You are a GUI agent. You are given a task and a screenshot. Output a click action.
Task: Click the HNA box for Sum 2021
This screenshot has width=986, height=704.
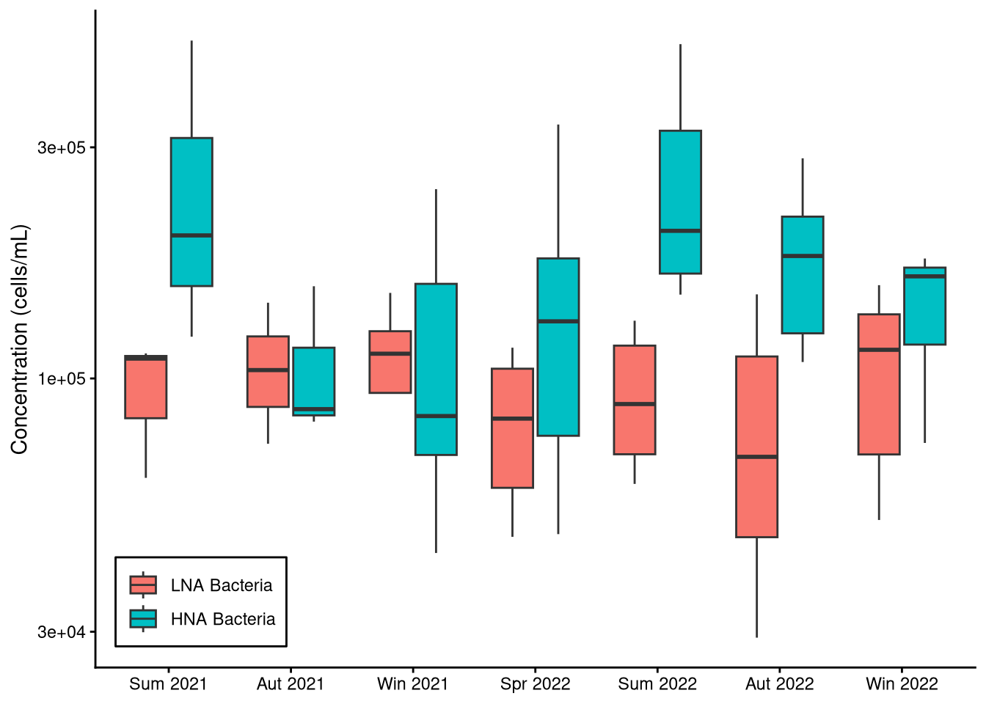coord(191,211)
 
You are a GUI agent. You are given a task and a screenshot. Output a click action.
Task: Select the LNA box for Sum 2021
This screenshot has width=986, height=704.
coord(146,387)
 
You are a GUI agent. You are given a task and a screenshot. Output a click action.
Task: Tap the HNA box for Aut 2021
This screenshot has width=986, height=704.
coord(314,381)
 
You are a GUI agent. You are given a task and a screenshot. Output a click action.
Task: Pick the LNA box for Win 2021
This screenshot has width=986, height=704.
coord(390,362)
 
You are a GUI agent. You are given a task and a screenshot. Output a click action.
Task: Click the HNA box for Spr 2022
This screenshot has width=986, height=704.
coord(558,347)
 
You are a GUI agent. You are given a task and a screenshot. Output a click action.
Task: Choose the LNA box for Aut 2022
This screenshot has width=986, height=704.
coord(756,447)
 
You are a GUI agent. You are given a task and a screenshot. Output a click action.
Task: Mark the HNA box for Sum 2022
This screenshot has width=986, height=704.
coord(680,202)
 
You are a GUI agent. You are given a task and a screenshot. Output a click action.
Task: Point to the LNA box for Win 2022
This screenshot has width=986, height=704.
coord(879,384)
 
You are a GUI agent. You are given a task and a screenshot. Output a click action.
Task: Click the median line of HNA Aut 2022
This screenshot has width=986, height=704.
coord(803,256)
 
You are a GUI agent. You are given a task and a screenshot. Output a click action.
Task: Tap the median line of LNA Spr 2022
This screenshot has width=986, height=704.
coord(512,419)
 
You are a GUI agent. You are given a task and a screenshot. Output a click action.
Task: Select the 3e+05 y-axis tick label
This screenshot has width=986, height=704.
coord(62,148)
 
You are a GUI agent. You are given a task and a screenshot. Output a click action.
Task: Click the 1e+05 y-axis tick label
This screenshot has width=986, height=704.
coord(62,379)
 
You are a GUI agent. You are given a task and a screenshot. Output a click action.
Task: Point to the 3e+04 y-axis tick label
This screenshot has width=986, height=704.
coord(62,632)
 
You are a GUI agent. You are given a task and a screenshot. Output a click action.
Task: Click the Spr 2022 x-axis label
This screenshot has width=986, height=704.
coord(535,684)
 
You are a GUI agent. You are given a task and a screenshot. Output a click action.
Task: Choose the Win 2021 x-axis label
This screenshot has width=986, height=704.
coord(412,684)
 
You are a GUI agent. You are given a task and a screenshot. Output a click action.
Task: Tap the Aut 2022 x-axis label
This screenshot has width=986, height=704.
coord(779,684)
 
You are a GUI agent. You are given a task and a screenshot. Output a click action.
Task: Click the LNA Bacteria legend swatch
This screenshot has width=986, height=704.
coord(143,585)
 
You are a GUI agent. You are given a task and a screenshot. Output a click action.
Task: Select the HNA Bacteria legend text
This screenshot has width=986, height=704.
coord(223,620)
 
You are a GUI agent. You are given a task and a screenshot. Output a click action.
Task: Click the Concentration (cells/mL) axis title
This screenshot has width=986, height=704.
coord(19,340)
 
